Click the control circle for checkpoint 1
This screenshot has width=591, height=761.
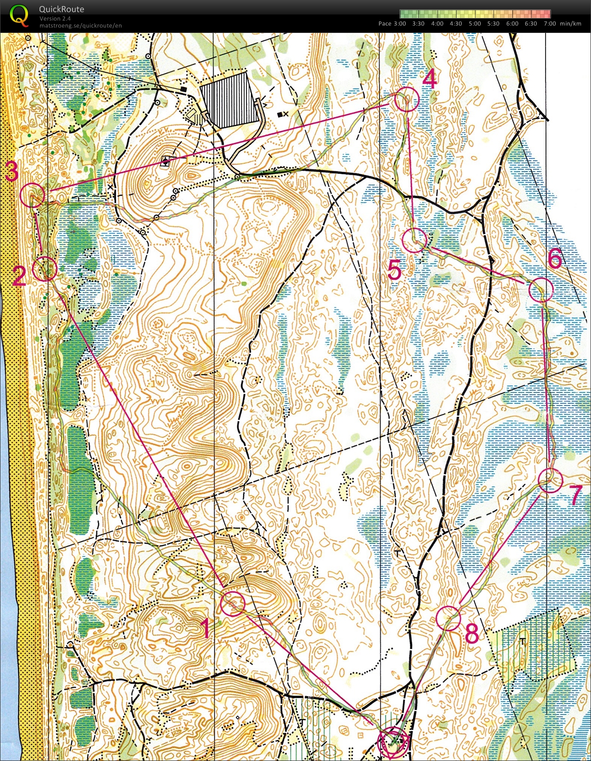[x=232, y=603]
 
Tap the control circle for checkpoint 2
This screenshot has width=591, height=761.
[x=44, y=269]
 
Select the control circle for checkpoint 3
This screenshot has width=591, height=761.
[x=32, y=195]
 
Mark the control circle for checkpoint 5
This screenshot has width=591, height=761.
[x=414, y=240]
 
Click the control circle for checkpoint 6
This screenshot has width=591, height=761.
[x=540, y=290]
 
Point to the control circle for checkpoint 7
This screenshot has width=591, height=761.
[x=550, y=480]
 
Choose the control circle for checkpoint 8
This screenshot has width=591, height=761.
[x=448, y=618]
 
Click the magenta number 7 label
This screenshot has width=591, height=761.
[x=576, y=495]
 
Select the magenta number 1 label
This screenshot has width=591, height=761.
[x=205, y=628]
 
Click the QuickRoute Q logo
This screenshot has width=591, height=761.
[x=19, y=15]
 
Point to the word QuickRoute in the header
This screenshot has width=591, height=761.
[x=61, y=9]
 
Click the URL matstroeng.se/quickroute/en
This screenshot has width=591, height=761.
[x=80, y=25]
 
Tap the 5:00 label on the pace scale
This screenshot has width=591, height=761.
[x=474, y=23]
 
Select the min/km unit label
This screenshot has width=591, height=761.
[x=570, y=23]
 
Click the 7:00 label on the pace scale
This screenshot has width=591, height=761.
[x=549, y=23]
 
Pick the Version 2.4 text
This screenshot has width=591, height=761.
[x=55, y=18]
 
